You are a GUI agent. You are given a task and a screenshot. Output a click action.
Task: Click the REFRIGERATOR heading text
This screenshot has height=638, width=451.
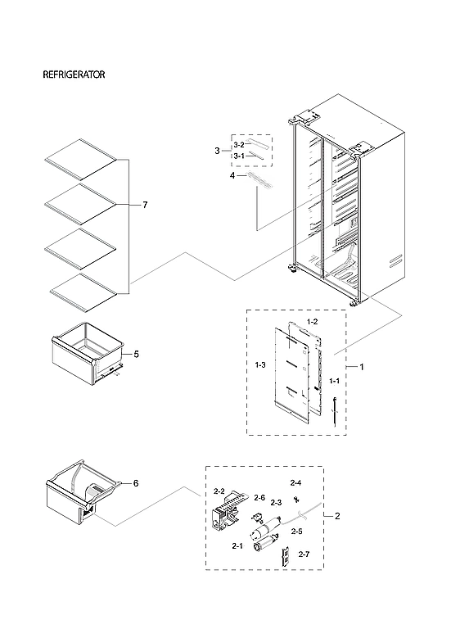coord(74,75)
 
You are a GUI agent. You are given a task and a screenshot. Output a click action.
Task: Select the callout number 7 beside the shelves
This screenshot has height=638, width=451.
coord(145,205)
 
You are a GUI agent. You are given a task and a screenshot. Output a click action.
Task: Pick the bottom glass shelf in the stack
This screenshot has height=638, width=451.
coord(80,291)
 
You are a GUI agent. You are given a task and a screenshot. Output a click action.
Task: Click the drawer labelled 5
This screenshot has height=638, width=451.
coord(86,355)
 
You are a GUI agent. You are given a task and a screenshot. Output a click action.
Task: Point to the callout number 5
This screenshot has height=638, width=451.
coord(136,355)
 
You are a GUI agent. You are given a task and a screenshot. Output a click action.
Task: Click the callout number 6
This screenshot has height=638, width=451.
coord(136,483)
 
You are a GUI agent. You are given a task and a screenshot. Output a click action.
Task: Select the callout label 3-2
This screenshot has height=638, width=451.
coord(238,145)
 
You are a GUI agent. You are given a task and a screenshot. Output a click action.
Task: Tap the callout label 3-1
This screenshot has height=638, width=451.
coord(238,156)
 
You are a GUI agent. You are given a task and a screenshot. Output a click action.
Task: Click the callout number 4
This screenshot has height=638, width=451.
coord(232,175)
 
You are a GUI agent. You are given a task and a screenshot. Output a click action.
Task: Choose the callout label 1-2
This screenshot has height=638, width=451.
coord(312,322)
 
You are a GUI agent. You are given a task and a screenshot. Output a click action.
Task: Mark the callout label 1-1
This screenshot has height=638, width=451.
coord(334,382)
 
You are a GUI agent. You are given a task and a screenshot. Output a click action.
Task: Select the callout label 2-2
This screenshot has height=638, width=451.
coord(219,491)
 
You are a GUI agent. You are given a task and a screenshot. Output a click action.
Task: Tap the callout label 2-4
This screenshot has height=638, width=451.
coord(295,483)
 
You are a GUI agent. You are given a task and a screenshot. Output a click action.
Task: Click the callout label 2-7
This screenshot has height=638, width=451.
coord(304,555)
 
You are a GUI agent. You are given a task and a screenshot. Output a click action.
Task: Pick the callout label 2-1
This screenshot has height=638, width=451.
coord(237,545)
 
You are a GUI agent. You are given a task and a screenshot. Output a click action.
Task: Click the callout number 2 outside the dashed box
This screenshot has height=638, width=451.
coord(338,517)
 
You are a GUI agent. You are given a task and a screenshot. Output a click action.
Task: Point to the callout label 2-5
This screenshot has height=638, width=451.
coord(295,532)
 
